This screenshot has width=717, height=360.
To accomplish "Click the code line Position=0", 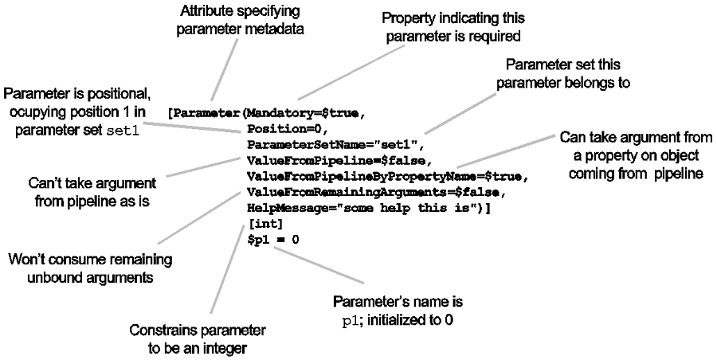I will [x=283, y=128].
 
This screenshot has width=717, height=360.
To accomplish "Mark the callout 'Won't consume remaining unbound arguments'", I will [x=88, y=268].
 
